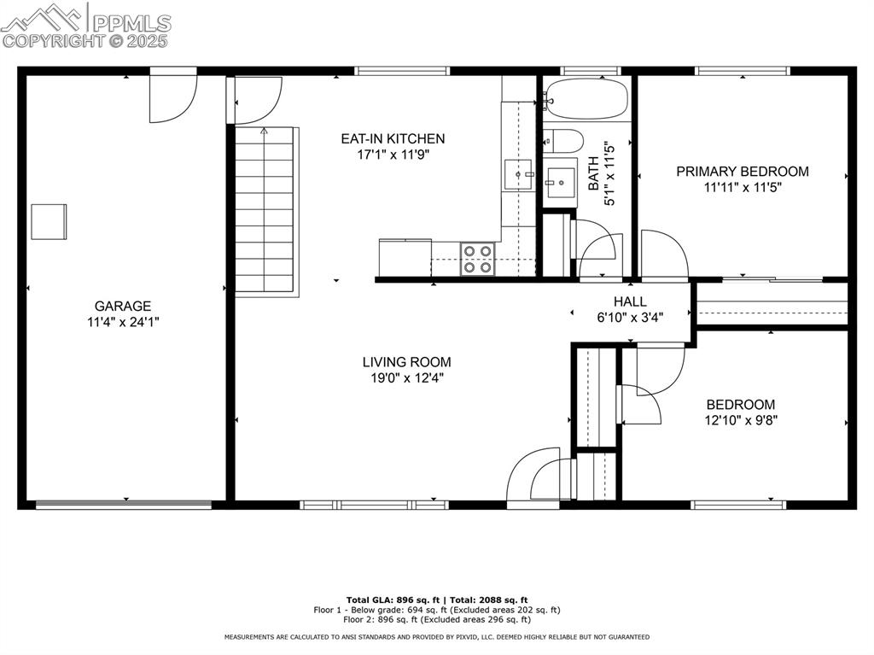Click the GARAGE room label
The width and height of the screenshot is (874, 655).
[x=123, y=306]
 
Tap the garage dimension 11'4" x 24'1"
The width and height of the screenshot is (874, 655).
[x=123, y=322]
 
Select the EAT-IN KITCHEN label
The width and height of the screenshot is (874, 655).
[x=393, y=138]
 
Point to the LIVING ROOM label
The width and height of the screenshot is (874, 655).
[x=406, y=361]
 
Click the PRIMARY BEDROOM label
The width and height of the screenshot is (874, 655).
[x=743, y=171]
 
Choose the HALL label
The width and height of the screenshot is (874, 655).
[x=630, y=301]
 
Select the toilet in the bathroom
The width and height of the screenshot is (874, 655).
[x=564, y=139]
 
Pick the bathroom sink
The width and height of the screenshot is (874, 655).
[x=561, y=181]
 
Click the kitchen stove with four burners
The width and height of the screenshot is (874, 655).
[x=477, y=259]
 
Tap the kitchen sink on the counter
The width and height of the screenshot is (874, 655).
[x=517, y=174]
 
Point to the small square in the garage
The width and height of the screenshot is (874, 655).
[x=49, y=221]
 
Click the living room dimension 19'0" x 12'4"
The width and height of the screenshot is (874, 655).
[x=406, y=377]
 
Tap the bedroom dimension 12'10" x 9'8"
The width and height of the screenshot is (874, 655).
[x=740, y=420]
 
